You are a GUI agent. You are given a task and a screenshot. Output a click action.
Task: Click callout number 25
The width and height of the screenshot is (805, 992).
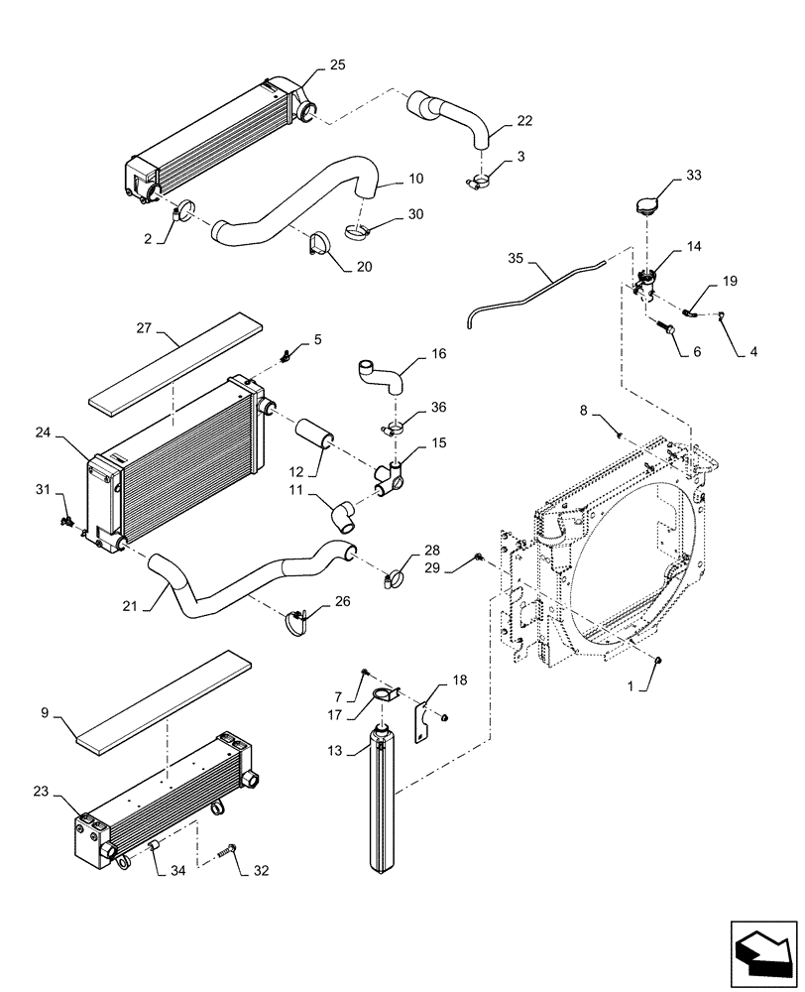[x=338, y=64]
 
